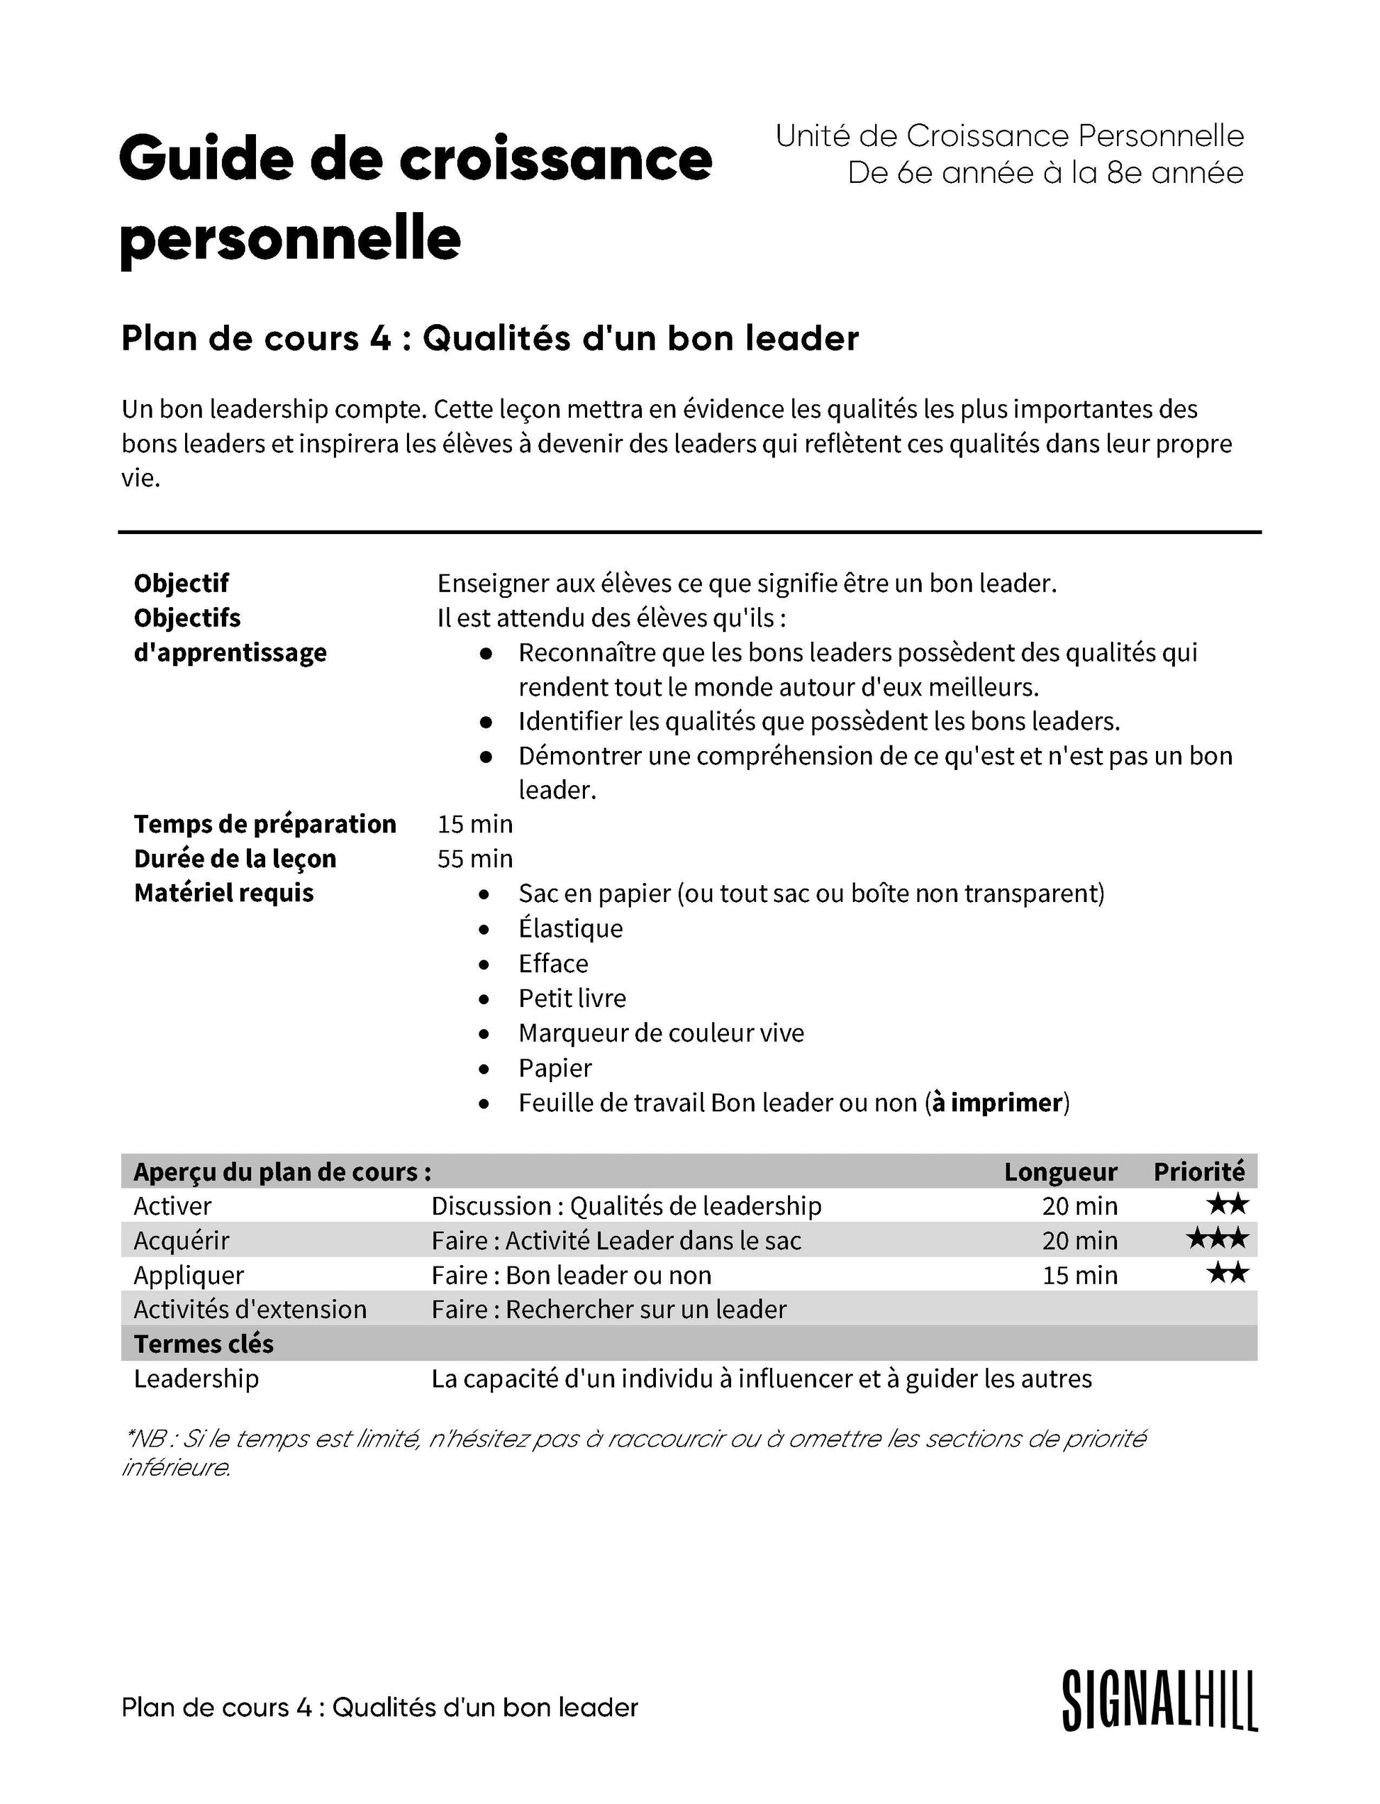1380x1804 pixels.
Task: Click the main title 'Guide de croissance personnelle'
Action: pos(415,197)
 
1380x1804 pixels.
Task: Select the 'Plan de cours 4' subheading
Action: pos(489,338)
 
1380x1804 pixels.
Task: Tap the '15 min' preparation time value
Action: pos(475,824)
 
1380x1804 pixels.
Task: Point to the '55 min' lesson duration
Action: pos(475,859)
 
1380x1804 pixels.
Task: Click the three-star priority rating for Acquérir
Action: pos(1216,1239)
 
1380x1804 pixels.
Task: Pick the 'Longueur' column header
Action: pos(1059,1171)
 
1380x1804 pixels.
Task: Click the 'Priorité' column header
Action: pos(1198,1171)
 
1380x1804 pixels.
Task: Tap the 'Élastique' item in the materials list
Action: pos(570,928)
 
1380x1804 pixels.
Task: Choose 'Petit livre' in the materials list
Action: pos(572,998)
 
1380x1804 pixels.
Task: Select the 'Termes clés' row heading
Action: pos(203,1344)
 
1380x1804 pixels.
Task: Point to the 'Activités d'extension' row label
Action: pos(250,1308)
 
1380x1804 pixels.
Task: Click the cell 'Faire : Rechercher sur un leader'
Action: pos(608,1308)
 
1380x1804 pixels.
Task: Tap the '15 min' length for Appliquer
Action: pos(1079,1275)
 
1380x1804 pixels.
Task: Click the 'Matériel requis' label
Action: pos(223,893)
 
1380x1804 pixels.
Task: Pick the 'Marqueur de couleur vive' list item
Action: pos(660,1032)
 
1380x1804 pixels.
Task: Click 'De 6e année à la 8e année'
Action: pos(1045,173)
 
